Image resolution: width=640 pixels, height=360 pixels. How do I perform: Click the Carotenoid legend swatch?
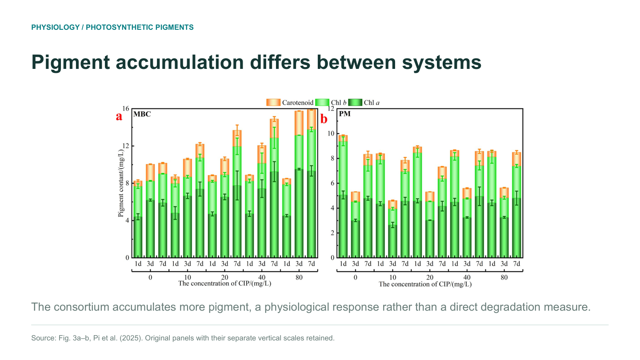click(273, 102)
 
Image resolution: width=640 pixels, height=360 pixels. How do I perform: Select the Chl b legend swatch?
click(322, 102)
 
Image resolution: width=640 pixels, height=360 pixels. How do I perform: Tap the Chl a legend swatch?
click(355, 102)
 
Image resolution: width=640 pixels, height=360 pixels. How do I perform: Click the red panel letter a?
click(119, 116)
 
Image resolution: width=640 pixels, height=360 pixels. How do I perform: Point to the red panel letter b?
click(324, 119)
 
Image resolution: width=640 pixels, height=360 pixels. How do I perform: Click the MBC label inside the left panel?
click(142, 114)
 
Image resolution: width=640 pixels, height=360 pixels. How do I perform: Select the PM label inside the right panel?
click(344, 114)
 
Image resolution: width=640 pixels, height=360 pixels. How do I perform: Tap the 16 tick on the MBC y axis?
click(126, 108)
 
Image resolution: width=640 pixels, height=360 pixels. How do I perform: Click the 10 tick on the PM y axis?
click(331, 133)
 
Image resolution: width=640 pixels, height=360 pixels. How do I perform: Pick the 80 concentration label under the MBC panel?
click(299, 277)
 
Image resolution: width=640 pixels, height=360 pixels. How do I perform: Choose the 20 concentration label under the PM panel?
click(430, 277)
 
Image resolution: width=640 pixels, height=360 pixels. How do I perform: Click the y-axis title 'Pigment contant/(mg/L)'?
click(121, 183)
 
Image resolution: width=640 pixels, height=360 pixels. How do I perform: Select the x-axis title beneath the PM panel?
click(425, 284)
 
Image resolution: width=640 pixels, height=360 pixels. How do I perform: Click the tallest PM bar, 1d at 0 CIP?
click(343, 196)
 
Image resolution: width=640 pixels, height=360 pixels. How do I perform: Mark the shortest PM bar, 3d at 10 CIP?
click(392, 229)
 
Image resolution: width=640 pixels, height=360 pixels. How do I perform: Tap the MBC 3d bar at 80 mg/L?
click(299, 184)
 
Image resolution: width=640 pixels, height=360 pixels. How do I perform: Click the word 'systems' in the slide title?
click(442, 62)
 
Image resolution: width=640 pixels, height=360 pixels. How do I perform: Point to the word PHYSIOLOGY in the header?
click(56, 27)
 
